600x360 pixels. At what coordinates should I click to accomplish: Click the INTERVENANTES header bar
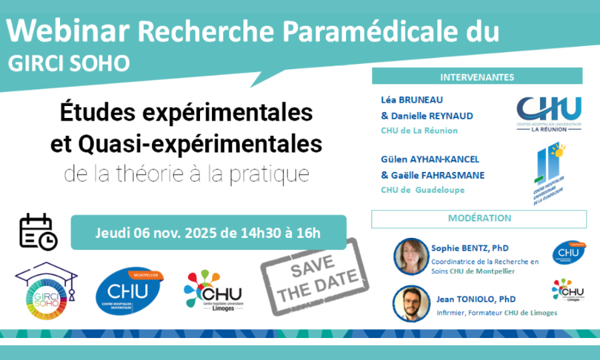click(x=477, y=77)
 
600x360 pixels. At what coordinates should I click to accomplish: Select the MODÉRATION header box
click(x=479, y=219)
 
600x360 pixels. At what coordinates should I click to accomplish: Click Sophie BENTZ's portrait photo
click(x=411, y=255)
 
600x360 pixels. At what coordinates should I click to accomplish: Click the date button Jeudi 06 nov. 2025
click(x=208, y=233)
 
